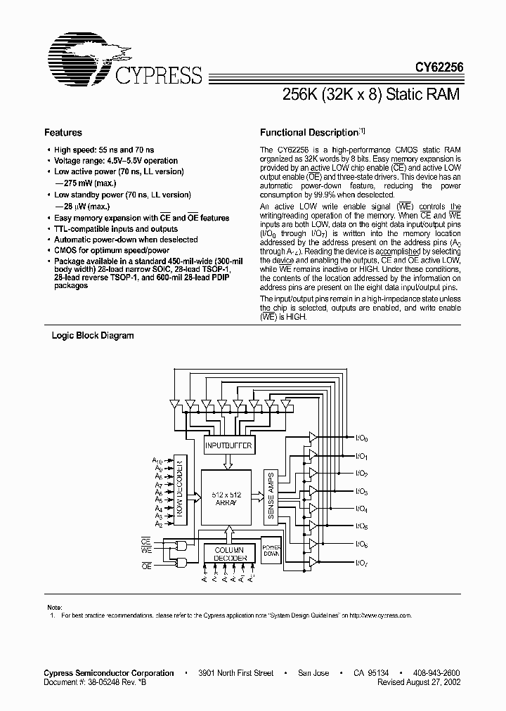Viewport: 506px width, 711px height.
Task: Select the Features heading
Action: tap(63, 132)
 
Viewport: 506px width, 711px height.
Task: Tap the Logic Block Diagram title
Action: tap(93, 336)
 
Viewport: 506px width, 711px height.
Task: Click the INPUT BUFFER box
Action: tap(228, 445)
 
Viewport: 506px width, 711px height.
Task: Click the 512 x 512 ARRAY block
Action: tap(226, 499)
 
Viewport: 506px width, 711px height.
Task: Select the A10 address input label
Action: tap(158, 460)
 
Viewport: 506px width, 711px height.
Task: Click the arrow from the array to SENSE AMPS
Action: tap(258, 498)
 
